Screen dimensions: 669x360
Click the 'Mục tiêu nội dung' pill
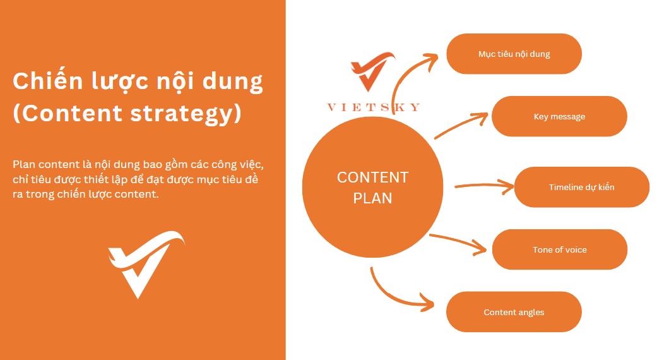pyautogui.click(x=514, y=54)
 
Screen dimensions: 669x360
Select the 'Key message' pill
pyautogui.click(x=559, y=116)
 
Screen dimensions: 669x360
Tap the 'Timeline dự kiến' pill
pyautogui.click(x=581, y=187)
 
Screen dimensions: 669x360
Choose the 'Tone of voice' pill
pyautogui.click(x=560, y=249)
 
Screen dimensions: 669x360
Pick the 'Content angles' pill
pyautogui.click(x=514, y=312)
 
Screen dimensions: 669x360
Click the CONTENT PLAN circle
pyautogui.click(x=372, y=187)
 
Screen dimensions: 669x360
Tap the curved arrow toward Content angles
pyautogui.click(x=391, y=297)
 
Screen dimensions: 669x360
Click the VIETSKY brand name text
pyautogui.click(x=374, y=107)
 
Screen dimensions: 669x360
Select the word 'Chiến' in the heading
pyautogui.click(x=48, y=81)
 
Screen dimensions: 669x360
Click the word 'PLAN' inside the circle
pyautogui.click(x=372, y=198)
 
